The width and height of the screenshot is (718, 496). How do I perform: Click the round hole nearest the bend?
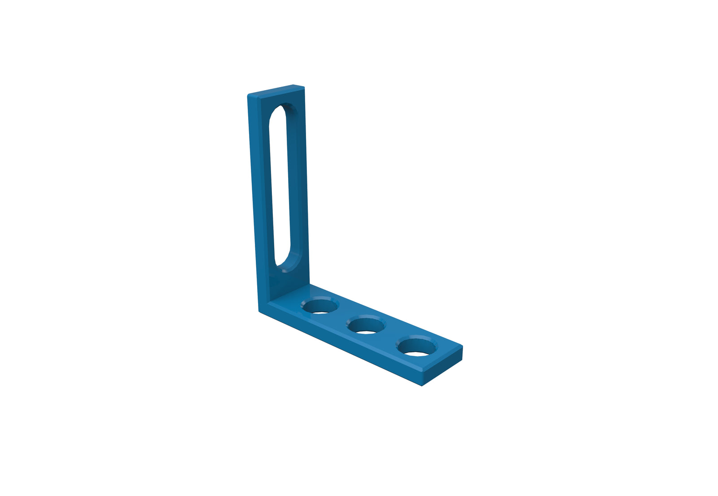[320, 307]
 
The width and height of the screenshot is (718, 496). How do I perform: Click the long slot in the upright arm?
[282, 184]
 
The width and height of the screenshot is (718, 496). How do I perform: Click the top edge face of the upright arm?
[276, 90]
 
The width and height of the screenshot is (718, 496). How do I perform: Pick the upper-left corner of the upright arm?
[248, 95]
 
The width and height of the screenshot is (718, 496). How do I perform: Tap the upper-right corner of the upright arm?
[304, 86]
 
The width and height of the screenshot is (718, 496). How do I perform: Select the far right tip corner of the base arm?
[462, 346]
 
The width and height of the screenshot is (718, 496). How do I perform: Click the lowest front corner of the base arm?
[422, 386]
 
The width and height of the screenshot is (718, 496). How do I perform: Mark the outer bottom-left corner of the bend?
[259, 310]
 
